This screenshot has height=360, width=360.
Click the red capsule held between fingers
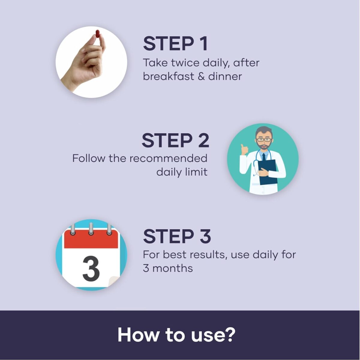[97, 35]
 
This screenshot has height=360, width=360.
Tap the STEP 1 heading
[175, 44]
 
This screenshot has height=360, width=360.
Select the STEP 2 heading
[175, 140]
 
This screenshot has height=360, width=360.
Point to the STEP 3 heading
[177, 236]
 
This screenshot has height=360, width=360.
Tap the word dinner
[225, 76]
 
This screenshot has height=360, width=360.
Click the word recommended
[168, 158]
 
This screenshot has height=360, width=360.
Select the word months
[172, 268]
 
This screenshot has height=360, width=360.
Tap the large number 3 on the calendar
[91, 269]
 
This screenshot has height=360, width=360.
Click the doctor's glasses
[264, 140]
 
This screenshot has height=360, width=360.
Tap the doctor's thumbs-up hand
[244, 150]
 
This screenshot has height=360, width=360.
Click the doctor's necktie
[264, 157]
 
